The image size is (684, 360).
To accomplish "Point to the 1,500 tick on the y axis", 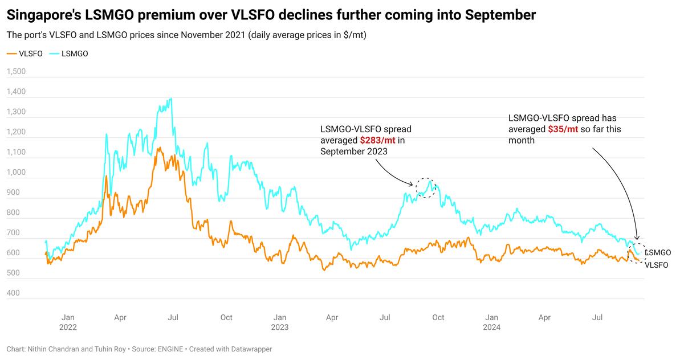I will [x=17, y=72].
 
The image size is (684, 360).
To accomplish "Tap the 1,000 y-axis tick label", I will [x=17, y=173].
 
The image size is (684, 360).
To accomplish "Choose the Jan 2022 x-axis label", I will [x=68, y=322].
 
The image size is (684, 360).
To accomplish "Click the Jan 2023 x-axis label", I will [x=279, y=322].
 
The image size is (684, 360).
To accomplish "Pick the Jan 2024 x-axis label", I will [x=492, y=322].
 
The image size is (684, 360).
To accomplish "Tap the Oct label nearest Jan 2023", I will [x=226, y=317].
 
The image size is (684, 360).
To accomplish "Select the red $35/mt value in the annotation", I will [x=563, y=129].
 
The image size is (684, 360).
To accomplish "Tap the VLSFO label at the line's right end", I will [x=656, y=265].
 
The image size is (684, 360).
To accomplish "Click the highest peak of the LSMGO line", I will [x=170, y=99].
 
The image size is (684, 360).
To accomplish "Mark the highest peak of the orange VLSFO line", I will [x=159, y=148].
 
